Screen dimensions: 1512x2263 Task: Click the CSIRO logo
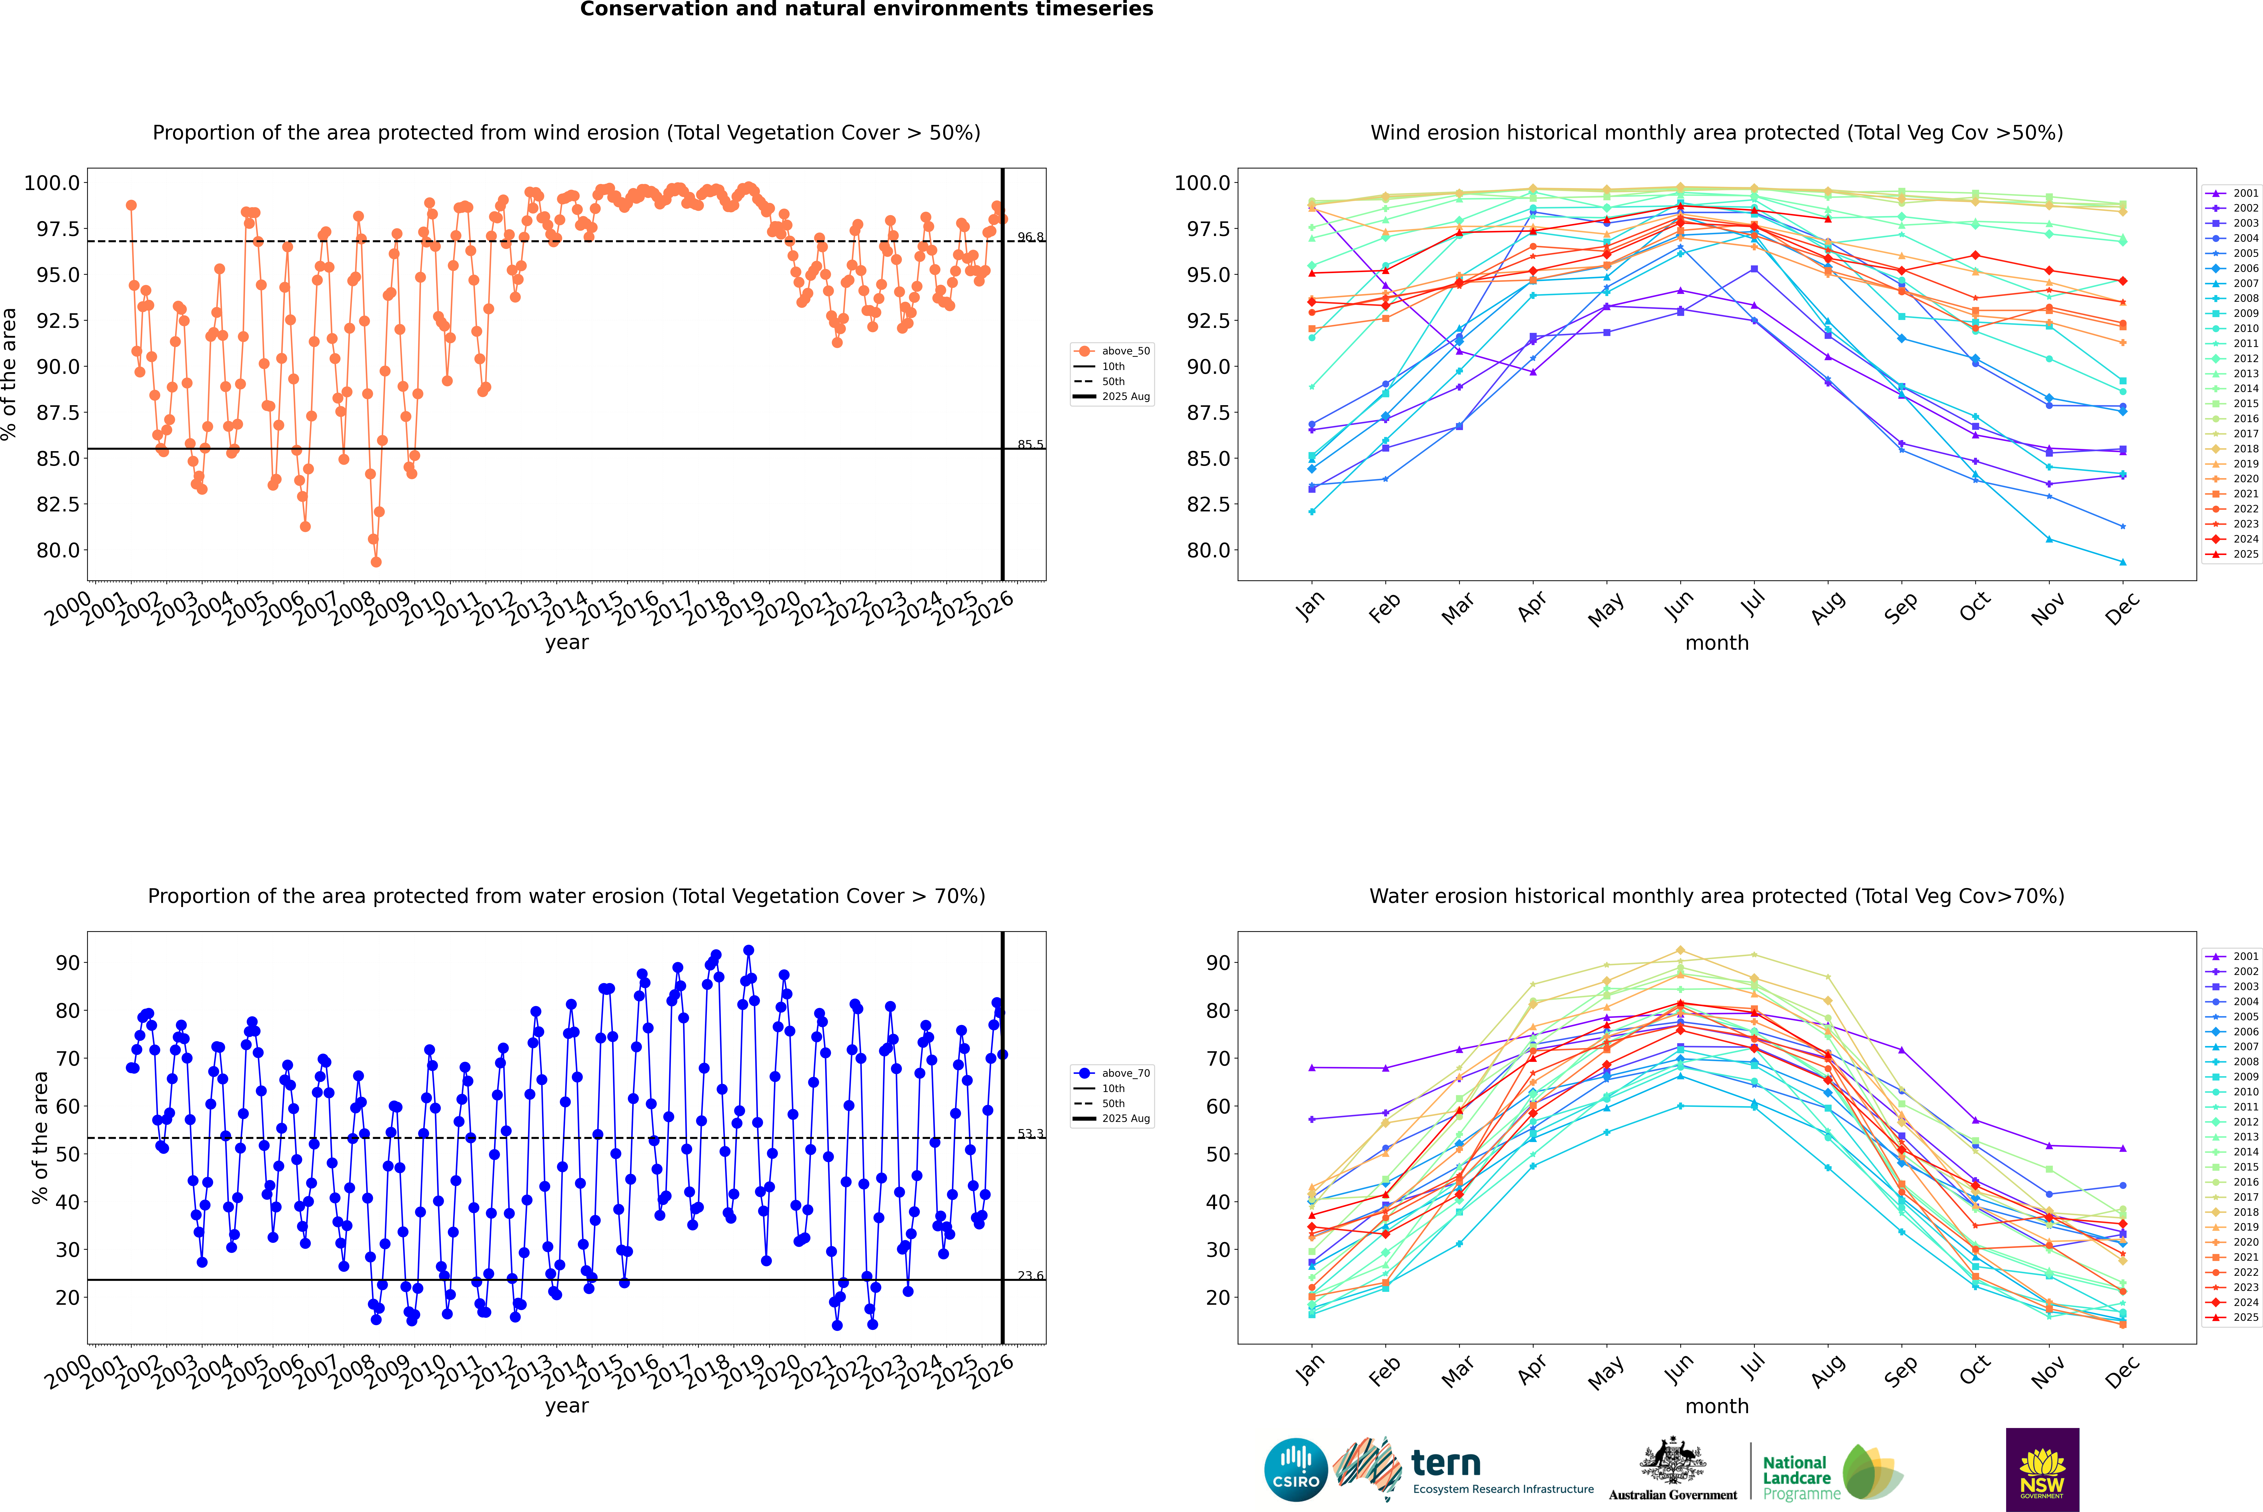click(1296, 1470)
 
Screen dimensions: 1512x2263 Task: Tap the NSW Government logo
click(2042, 1470)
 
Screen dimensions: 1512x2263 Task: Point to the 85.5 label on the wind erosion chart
click(1030, 445)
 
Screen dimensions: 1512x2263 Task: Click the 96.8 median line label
click(1030, 237)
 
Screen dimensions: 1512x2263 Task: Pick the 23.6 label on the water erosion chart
click(1030, 1276)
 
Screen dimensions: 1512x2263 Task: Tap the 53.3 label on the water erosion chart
click(1030, 1134)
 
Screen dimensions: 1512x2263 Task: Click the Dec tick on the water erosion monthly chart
click(2123, 1369)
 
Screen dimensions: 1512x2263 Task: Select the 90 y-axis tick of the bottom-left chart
click(68, 962)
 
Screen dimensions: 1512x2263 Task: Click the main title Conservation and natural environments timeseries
click(866, 10)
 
